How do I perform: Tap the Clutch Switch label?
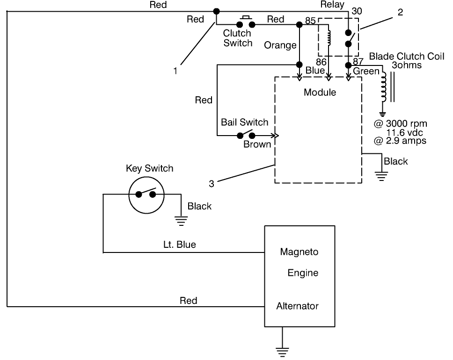pos(237,38)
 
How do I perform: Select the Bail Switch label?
pos(244,122)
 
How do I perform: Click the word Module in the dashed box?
pos(320,93)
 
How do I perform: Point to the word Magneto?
pos(299,252)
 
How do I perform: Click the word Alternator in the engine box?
pos(297,306)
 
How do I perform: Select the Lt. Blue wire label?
pos(180,244)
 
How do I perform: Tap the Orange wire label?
pos(280,45)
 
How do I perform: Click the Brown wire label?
pos(257,144)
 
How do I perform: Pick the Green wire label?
pos(366,71)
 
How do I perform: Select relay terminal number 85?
pos(310,21)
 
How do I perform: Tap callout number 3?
pos(211,184)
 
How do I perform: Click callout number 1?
pos(175,72)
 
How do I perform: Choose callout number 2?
pos(400,13)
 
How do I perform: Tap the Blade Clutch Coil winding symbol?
pos(384,86)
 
